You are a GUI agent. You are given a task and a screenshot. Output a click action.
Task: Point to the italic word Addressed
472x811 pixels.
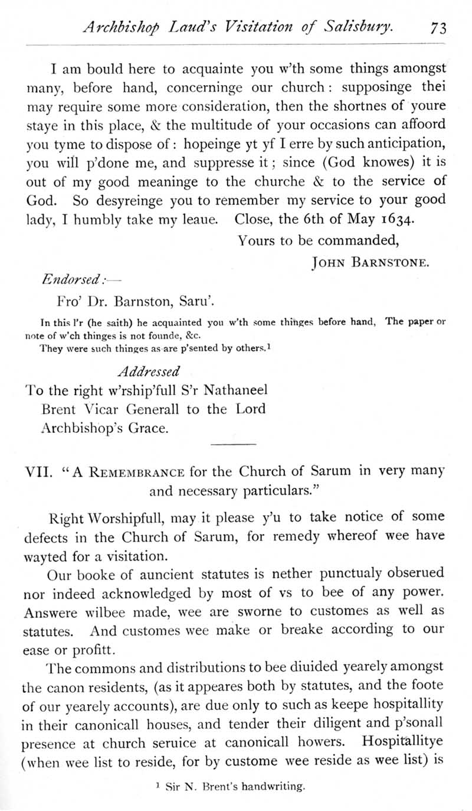tap(149, 372)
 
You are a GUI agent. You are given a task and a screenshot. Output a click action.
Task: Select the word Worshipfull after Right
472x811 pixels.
tap(124, 518)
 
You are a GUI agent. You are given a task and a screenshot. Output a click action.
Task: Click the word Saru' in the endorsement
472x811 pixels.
tap(196, 304)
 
